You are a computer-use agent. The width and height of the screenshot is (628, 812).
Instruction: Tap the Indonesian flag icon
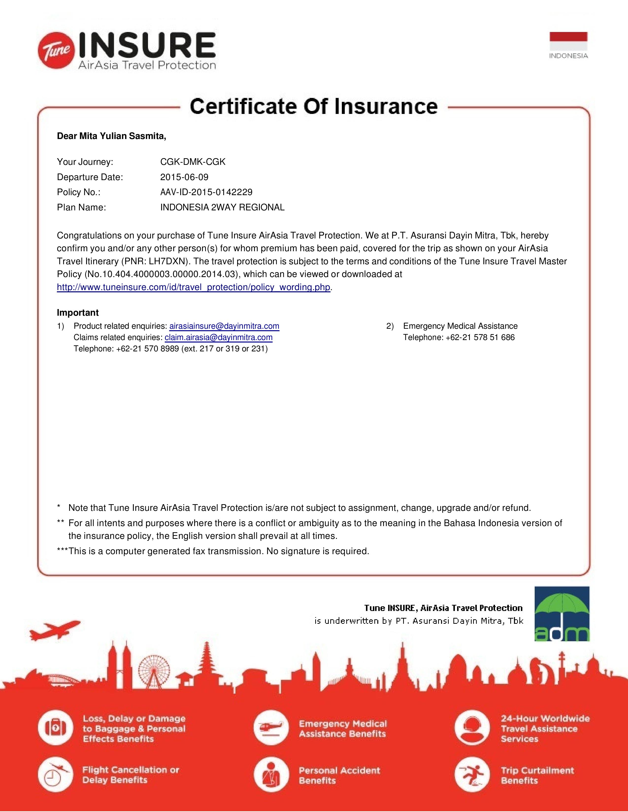click(568, 41)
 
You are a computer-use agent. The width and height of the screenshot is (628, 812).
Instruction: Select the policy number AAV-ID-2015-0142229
click(206, 192)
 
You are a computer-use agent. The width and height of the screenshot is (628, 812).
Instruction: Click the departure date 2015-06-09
click(184, 177)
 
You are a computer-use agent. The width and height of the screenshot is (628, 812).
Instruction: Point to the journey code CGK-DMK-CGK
click(193, 162)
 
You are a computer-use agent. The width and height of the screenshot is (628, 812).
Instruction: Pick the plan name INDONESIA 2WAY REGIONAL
click(222, 207)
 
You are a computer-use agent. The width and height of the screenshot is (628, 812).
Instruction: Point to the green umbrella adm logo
click(562, 614)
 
